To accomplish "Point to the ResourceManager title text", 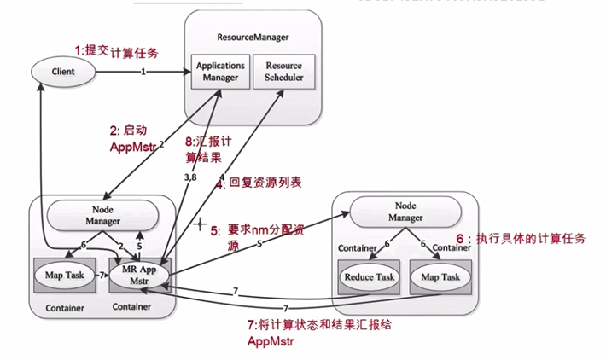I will pyautogui.click(x=253, y=38).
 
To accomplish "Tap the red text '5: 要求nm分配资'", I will pyautogui.click(x=256, y=230).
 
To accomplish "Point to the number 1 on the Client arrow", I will pyautogui.click(x=144, y=72).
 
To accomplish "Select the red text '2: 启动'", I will pyautogui.click(x=130, y=131).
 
